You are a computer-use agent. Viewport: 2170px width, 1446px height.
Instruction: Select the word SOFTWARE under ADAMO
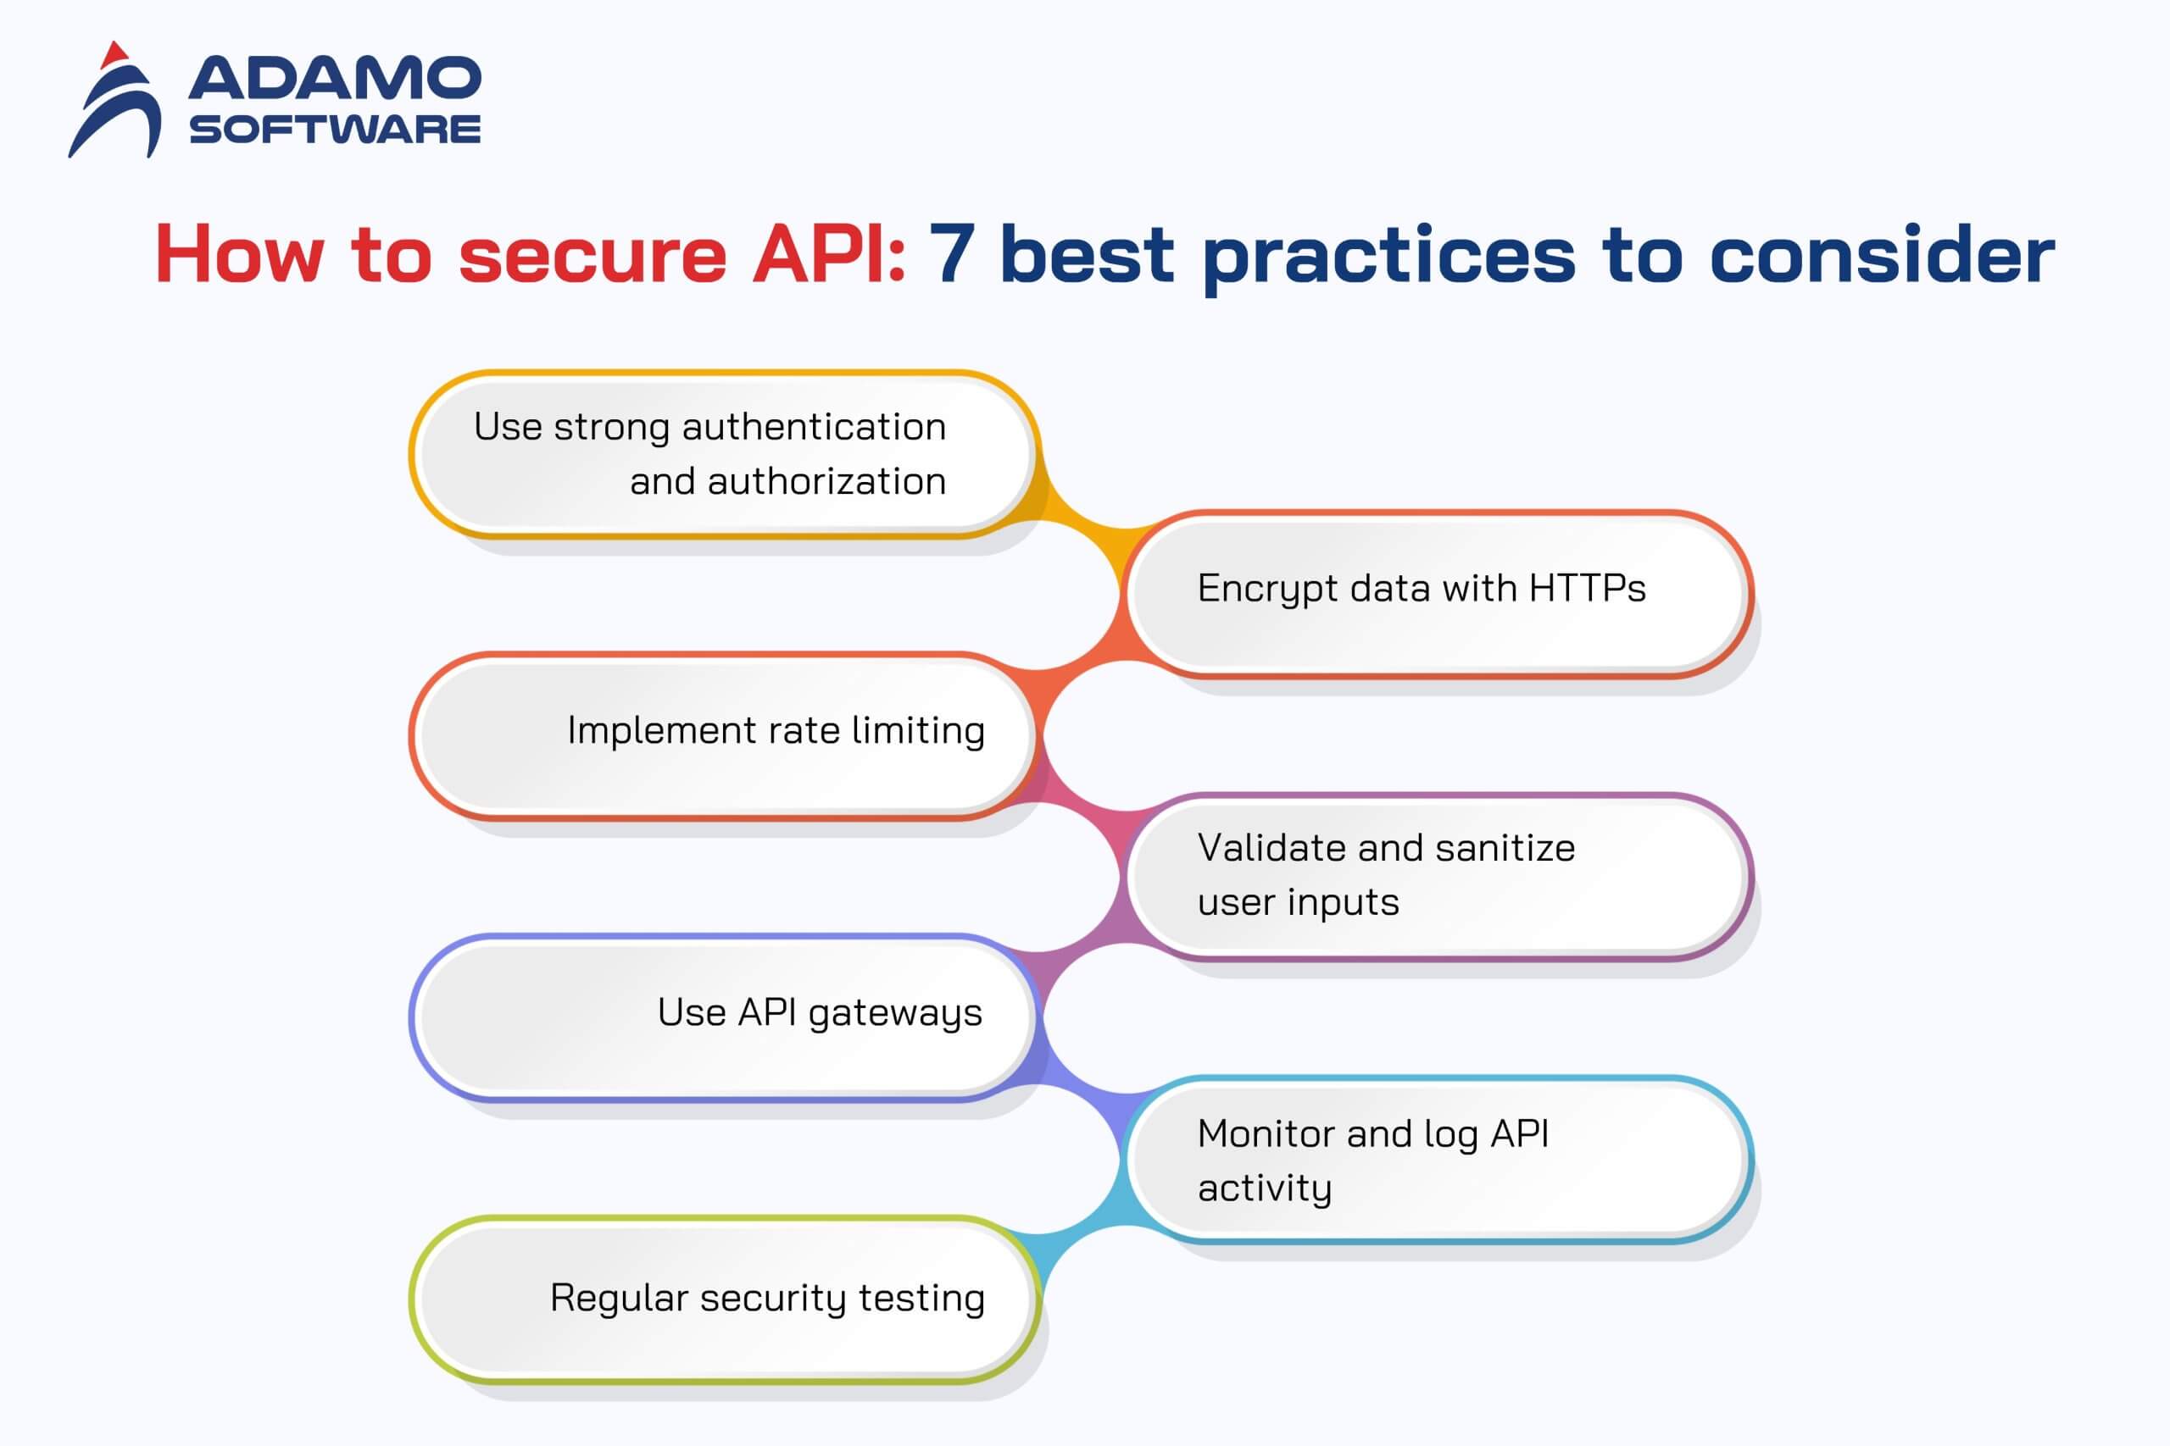334,129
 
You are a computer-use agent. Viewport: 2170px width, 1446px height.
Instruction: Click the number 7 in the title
951,254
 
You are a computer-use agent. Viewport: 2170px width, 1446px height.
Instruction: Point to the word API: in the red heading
828,254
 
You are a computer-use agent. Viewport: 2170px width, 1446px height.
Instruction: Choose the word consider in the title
1881,254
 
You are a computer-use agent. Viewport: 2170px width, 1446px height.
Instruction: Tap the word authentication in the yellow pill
814,427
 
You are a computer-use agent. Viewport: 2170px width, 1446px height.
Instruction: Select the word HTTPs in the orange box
1587,589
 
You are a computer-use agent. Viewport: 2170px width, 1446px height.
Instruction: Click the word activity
1264,1188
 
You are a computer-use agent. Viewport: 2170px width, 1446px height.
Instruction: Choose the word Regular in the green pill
619,1299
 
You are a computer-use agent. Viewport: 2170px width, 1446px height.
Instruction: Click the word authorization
826,481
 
